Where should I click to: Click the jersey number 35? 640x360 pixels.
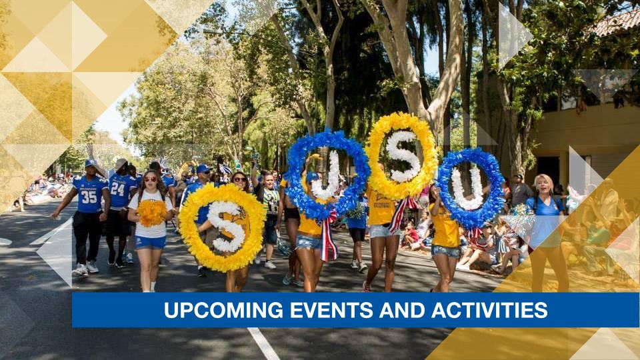pos(89,198)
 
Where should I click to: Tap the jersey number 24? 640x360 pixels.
pos(117,189)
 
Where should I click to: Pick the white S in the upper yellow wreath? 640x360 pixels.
pos(403,156)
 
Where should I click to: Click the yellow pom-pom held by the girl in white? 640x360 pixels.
pos(152,213)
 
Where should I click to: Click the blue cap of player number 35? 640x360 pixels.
pos(90,163)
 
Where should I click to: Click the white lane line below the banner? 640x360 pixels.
pos(263,343)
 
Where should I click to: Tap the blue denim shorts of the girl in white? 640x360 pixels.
pos(151,242)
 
